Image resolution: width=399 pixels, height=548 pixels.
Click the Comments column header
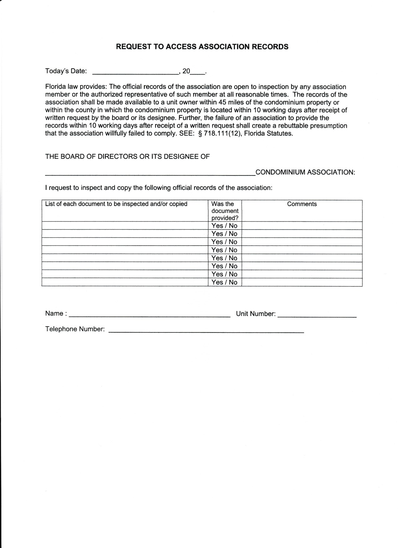pyautogui.click(x=302, y=204)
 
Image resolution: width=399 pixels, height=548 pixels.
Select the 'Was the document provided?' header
pyautogui.click(x=225, y=211)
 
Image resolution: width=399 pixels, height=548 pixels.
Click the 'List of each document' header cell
pyautogui.click(x=116, y=204)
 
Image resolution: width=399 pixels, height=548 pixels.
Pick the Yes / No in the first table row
pyautogui.click(x=224, y=226)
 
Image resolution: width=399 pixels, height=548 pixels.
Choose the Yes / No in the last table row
pyautogui.click(x=224, y=282)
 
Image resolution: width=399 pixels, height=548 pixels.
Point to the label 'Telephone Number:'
pyautogui.click(x=75, y=329)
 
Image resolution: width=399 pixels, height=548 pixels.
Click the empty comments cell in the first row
pyautogui.click(x=302, y=226)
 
